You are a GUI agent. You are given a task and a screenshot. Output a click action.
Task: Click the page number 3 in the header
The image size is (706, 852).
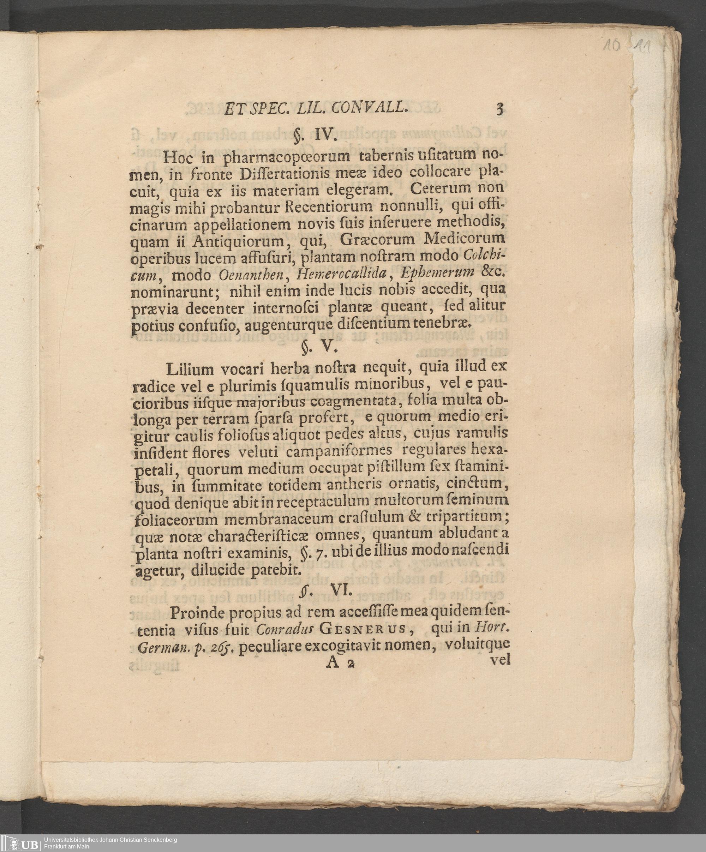coord(500,109)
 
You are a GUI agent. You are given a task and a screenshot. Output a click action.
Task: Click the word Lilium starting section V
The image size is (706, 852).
coord(190,369)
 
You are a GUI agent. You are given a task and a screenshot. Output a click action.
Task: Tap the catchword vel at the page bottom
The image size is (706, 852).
coord(500,660)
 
